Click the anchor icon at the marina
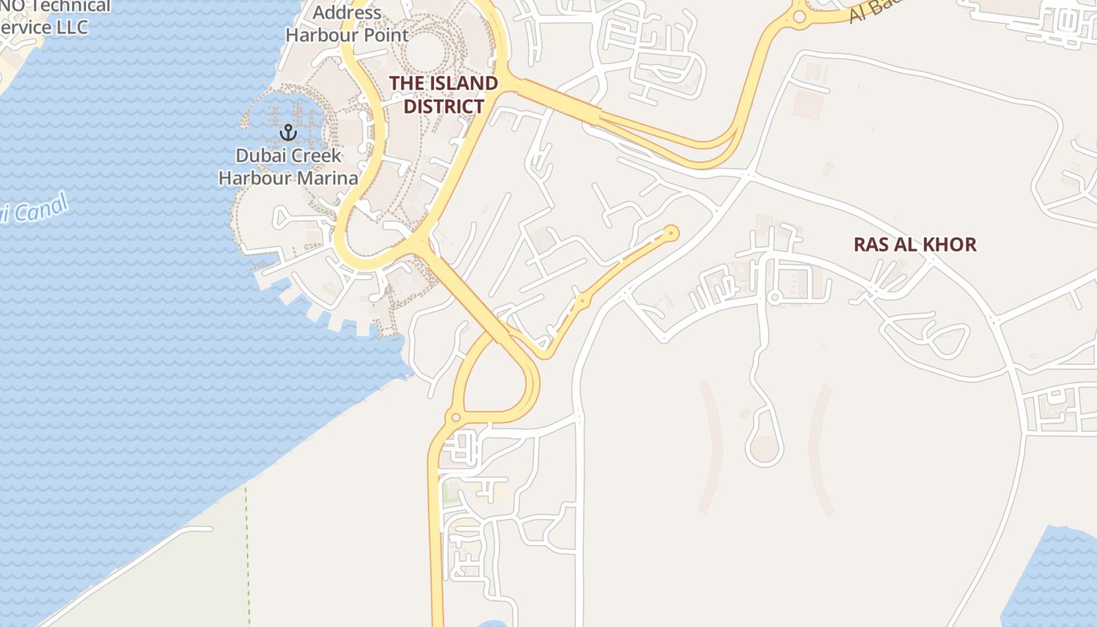(x=288, y=132)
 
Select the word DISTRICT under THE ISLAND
(x=444, y=106)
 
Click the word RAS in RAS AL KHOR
(x=869, y=245)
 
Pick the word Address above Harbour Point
(x=346, y=13)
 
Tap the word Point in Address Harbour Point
(x=385, y=35)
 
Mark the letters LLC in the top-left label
(x=71, y=27)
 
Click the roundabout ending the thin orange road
(x=671, y=232)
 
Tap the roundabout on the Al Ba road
(x=798, y=16)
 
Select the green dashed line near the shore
(x=247, y=549)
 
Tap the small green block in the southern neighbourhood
(x=450, y=493)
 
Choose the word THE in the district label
(x=407, y=83)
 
